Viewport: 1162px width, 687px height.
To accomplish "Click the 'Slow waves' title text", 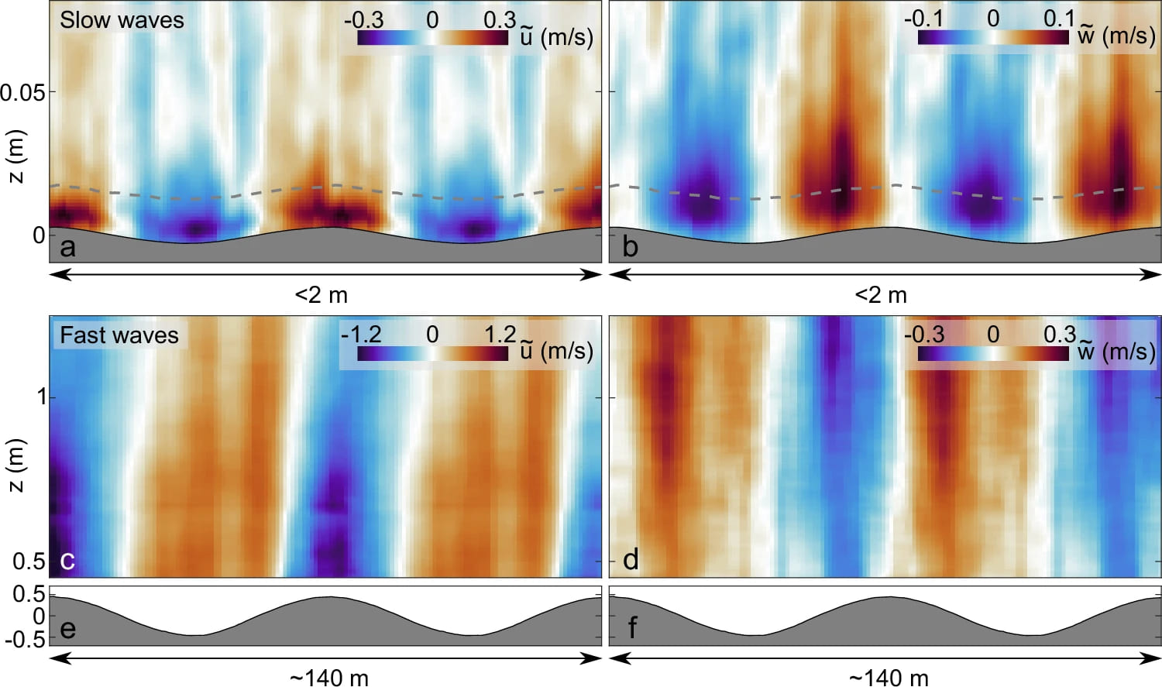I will click(x=122, y=20).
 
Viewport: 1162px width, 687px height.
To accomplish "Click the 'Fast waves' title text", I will click(x=119, y=335).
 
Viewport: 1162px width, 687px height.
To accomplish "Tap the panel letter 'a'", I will click(x=68, y=247).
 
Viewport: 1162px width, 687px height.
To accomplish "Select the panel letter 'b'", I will click(x=630, y=247).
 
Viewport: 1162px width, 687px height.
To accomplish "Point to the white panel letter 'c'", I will click(x=67, y=560).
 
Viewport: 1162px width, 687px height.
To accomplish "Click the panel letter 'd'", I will click(x=631, y=560).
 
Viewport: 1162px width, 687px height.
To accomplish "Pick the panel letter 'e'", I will click(x=68, y=628).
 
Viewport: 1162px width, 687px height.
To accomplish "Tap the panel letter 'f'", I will click(x=632, y=628).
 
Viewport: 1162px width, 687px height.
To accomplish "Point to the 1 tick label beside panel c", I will click(x=42, y=397).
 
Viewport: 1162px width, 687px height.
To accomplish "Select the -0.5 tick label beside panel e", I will click(x=25, y=640).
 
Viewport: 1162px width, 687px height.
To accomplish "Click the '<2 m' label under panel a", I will click(x=321, y=295).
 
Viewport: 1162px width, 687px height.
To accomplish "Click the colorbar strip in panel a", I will click(x=432, y=37).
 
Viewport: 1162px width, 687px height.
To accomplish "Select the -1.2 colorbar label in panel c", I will click(x=361, y=334).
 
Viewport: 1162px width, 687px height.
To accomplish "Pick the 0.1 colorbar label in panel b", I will click(x=1059, y=19).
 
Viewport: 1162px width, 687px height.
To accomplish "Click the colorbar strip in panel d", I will click(x=993, y=353).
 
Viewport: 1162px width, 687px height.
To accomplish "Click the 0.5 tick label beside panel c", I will click(x=29, y=562).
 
